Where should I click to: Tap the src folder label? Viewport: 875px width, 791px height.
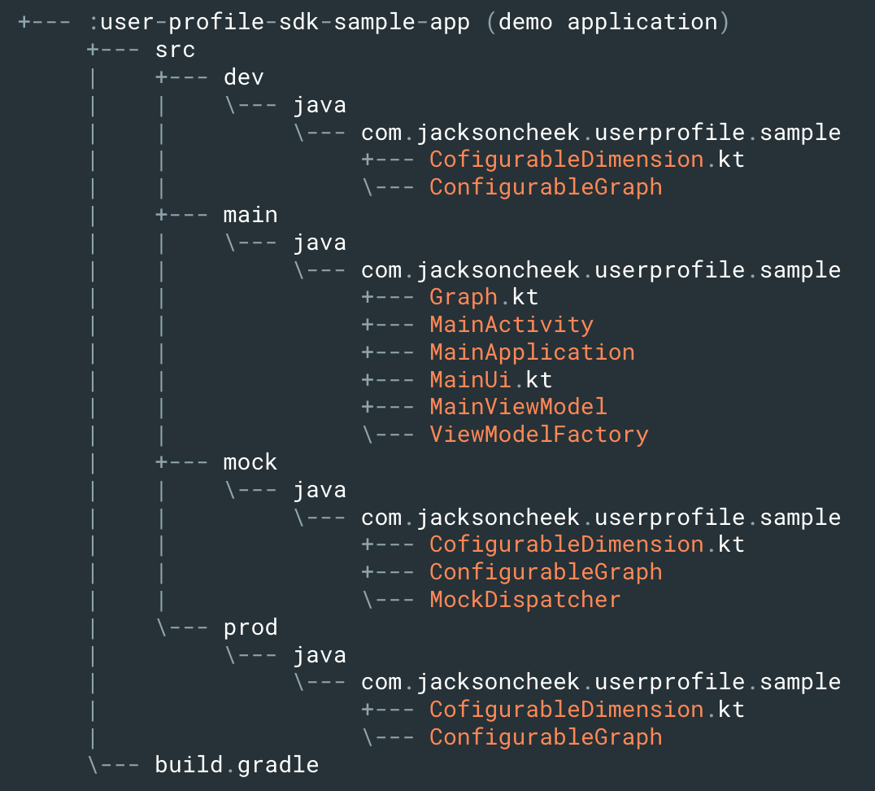pos(176,50)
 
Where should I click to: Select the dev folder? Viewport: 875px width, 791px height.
pos(244,77)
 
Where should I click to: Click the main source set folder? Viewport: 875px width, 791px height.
pos(250,215)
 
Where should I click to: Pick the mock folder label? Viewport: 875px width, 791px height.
pos(250,462)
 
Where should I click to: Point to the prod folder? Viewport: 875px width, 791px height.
pos(250,627)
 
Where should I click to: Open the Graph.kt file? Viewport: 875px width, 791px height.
pos(484,297)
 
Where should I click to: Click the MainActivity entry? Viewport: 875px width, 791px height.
pos(512,325)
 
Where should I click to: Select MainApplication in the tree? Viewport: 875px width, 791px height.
pos(532,352)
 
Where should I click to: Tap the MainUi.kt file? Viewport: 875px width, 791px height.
pos(490,380)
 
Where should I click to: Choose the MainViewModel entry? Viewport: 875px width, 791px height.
pos(518,407)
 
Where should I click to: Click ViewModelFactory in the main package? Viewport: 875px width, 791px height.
pos(538,435)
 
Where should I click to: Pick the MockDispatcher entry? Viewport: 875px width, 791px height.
pos(525,600)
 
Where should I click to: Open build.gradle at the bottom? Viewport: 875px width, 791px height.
pos(237,765)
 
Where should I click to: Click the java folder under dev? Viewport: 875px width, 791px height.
pos(320,105)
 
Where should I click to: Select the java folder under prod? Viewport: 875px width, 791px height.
pos(320,655)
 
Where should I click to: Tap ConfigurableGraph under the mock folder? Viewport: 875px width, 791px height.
pos(546,572)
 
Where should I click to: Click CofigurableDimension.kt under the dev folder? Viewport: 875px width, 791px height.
pos(586,160)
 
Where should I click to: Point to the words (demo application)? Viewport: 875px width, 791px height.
pos(607,22)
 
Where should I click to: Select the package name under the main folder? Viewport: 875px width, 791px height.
pos(601,269)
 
